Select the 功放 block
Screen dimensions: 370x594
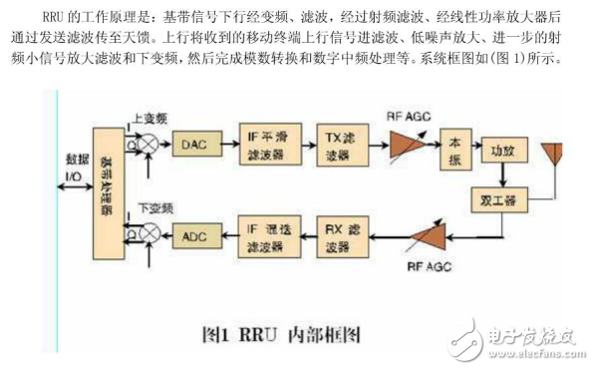[x=501, y=151]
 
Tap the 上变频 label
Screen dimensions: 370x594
[x=150, y=116]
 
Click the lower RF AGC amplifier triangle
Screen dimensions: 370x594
[x=419, y=237]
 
